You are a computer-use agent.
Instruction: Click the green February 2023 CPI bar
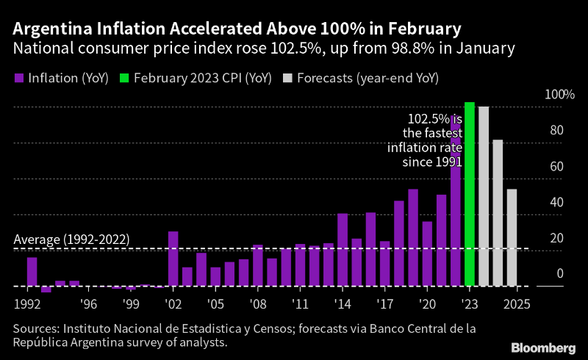click(x=470, y=195)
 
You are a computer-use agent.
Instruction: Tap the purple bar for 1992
click(x=32, y=272)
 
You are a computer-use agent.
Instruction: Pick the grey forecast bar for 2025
click(x=512, y=237)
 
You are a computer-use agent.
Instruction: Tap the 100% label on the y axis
click(x=559, y=95)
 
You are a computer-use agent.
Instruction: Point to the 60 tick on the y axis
click(x=556, y=167)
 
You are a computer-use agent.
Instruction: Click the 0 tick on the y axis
click(x=560, y=274)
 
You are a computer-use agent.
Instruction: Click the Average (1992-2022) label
click(x=72, y=240)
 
